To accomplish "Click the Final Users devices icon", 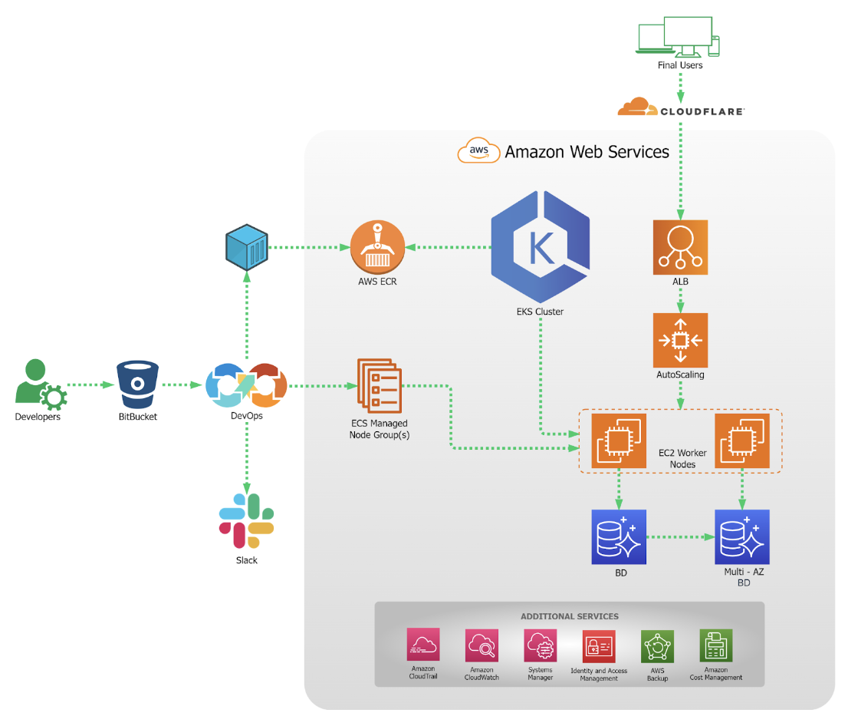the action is click(678, 36).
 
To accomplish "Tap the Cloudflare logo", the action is click(681, 107).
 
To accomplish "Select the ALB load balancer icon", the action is click(680, 247).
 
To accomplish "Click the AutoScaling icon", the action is click(680, 340).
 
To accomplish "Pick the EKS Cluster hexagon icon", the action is click(541, 246).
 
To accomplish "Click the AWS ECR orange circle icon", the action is click(377, 247).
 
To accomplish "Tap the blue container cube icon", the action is click(247, 247).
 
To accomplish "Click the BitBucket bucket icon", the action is click(138, 384).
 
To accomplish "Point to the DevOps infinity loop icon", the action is click(247, 385).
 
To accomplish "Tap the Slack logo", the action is click(247, 521).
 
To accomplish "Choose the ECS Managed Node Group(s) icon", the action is click(379, 385).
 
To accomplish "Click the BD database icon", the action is click(619, 537).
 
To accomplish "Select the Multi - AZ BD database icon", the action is click(742, 537).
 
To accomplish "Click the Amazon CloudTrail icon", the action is click(423, 644).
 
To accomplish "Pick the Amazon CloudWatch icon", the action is click(482, 645).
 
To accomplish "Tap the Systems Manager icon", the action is click(541, 645).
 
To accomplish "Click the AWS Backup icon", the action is click(658, 646).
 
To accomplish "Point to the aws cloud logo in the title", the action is click(478, 150).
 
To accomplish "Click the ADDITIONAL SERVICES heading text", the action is click(570, 616).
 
